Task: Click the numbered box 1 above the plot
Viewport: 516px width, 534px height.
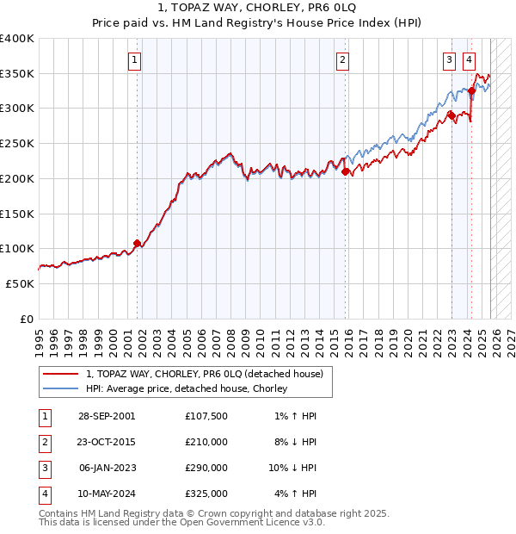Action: click(136, 60)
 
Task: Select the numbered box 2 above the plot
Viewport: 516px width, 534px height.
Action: click(343, 60)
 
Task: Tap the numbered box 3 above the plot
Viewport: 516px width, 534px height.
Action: click(450, 60)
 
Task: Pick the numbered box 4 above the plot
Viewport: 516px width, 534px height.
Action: click(469, 60)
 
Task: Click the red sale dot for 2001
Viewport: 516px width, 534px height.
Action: click(137, 243)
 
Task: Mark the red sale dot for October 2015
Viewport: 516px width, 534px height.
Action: click(346, 171)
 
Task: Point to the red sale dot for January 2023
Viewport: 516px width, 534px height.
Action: click(451, 114)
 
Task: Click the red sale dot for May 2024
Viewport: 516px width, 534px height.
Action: click(471, 90)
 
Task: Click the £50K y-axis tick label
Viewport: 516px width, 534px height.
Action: click(21, 283)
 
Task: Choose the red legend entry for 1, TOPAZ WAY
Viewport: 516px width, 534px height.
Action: click(204, 374)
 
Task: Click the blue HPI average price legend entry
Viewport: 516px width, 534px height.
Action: click(186, 388)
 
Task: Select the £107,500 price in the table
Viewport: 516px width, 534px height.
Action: click(206, 416)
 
